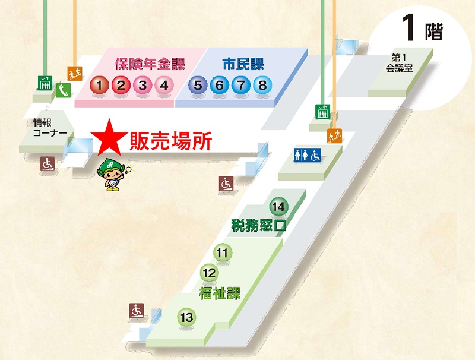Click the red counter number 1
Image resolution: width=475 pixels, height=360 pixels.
point(100,86)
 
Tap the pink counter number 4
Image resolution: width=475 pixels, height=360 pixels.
point(164,86)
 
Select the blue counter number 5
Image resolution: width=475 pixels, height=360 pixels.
point(198,86)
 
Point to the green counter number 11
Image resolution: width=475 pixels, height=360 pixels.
point(223,254)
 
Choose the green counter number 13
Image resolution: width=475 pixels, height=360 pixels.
point(187,318)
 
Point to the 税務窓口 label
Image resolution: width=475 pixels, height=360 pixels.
point(258,226)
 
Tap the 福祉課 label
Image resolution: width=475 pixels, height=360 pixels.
point(220,292)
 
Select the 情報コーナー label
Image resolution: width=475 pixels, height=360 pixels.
point(50,128)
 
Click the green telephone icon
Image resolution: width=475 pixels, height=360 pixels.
point(64,90)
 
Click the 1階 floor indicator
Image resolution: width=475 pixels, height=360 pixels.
point(422,28)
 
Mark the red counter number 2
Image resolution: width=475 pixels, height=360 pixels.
point(121,86)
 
